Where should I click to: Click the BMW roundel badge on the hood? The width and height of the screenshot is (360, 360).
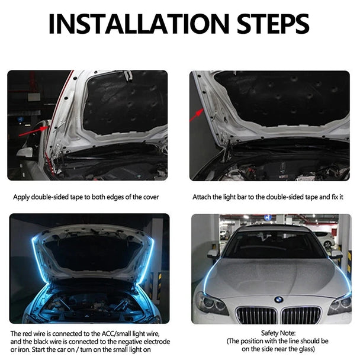click(278, 300)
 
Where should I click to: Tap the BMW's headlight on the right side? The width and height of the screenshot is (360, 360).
click(342, 303)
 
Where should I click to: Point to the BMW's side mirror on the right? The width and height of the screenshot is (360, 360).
click(337, 254)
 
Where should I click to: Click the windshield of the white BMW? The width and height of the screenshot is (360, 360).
click(274, 244)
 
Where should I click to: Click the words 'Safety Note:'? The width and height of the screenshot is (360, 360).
click(278, 333)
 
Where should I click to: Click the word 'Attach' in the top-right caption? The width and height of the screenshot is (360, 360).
click(202, 197)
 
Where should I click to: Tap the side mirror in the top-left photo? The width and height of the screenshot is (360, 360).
click(25, 153)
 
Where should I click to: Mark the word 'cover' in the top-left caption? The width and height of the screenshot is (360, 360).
click(150, 197)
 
